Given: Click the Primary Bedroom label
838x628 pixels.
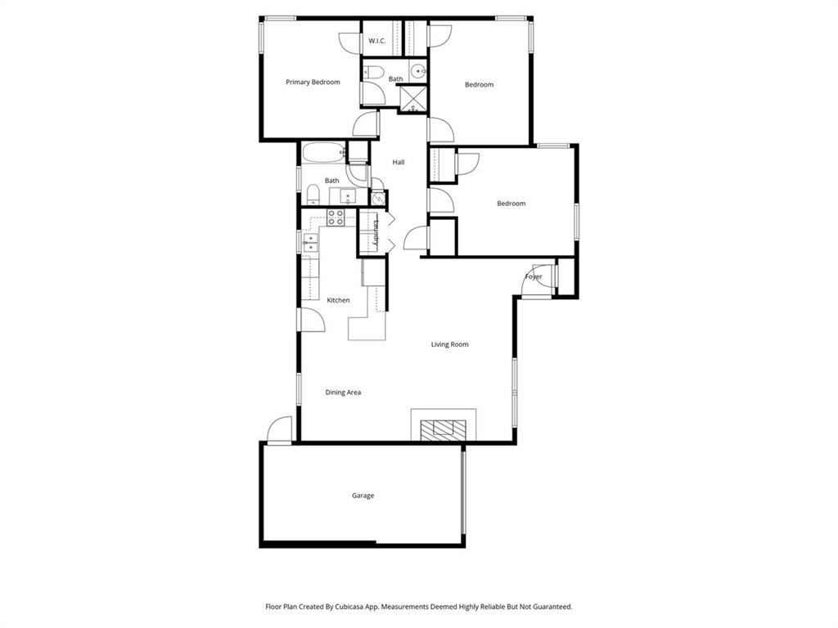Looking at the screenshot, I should [x=313, y=82].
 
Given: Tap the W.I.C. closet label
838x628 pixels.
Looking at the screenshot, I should [x=376, y=41].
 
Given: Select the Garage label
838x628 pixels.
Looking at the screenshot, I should [x=363, y=496].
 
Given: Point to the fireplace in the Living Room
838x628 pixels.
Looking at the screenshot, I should [x=443, y=428].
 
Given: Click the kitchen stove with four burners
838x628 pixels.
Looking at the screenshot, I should [x=336, y=218].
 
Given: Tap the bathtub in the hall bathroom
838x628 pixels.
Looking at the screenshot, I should [x=323, y=153].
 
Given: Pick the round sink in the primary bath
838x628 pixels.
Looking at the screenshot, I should [x=418, y=71].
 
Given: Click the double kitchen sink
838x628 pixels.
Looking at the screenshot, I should [x=310, y=243].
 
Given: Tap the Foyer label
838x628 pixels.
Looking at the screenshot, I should [x=534, y=277].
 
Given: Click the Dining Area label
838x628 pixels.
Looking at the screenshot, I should [x=343, y=392].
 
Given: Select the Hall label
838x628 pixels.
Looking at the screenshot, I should [x=399, y=162].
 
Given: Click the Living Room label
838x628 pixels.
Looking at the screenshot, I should [x=449, y=344].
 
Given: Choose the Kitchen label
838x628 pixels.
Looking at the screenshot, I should [x=338, y=300].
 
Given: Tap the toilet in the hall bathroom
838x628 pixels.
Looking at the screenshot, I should [x=313, y=195].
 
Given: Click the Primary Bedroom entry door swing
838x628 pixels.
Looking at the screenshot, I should [x=366, y=124].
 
